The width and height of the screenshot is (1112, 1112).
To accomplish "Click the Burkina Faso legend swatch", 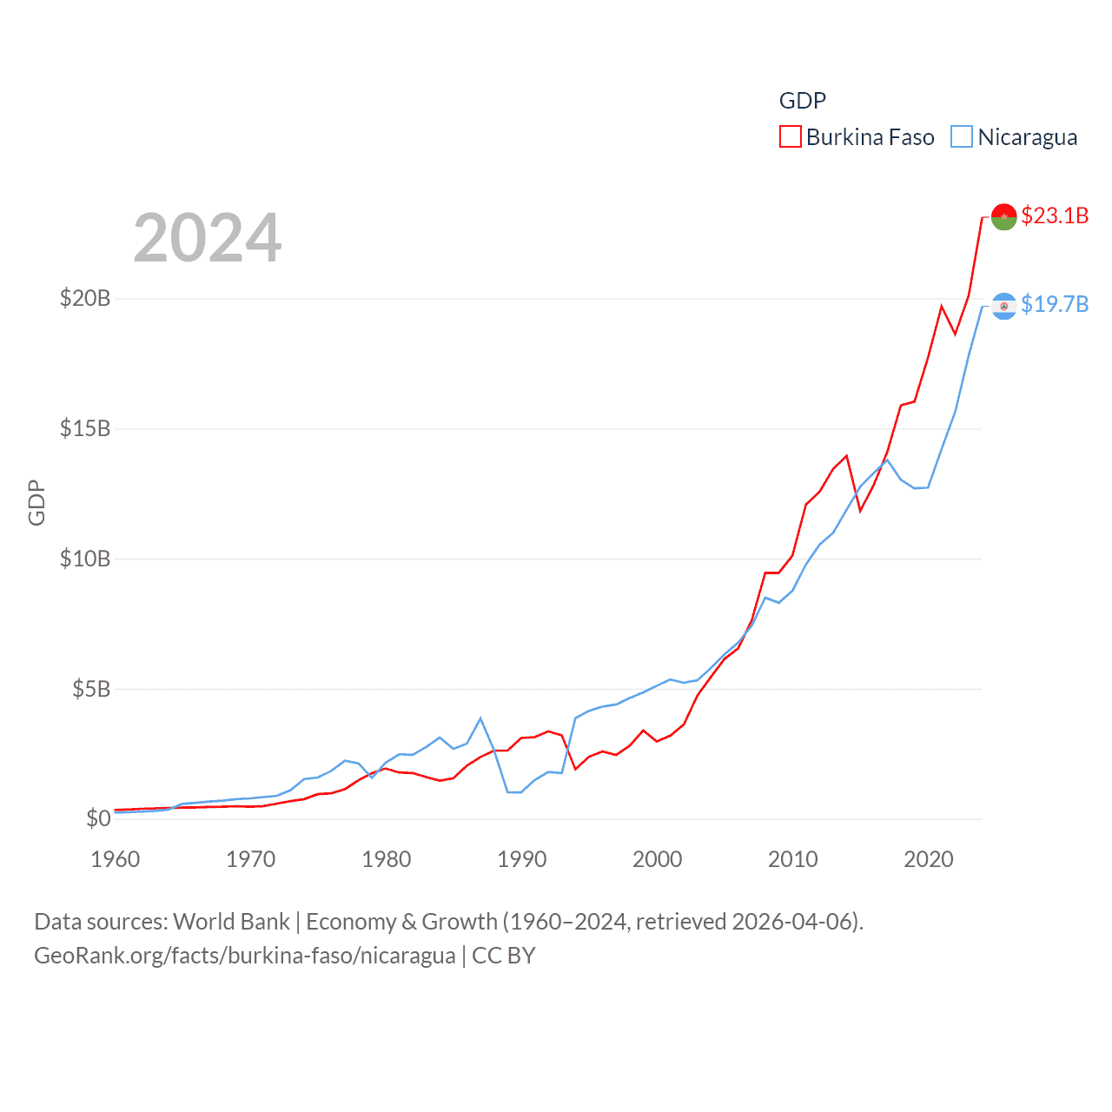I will (x=790, y=137).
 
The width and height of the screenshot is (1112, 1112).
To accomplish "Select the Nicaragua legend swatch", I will (x=961, y=137).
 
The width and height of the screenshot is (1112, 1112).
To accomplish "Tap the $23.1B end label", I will (x=1055, y=215).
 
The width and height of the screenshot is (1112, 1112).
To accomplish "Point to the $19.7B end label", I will (x=1055, y=304).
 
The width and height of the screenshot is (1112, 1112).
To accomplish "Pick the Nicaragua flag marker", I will (x=1003, y=306).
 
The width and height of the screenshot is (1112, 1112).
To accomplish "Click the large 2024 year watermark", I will (x=207, y=238).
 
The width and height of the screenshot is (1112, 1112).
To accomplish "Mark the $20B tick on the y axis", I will (x=85, y=299).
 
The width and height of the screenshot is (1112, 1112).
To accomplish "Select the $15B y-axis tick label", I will (x=85, y=428).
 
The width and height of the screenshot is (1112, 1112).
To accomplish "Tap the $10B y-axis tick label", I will (x=85, y=559).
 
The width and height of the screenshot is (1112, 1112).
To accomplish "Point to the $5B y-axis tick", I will (x=91, y=689).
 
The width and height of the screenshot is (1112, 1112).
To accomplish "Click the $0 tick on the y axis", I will (x=98, y=818).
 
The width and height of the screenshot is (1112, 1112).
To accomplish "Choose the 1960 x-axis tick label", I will (x=116, y=859).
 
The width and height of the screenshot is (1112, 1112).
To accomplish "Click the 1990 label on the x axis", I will (x=522, y=859).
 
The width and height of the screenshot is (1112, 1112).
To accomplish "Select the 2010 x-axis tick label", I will (x=793, y=859).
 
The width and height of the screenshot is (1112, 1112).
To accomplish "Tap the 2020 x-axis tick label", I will (x=929, y=859).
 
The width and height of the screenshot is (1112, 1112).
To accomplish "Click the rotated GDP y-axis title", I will (x=36, y=502).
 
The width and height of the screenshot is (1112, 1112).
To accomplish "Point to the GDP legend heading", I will (x=802, y=101).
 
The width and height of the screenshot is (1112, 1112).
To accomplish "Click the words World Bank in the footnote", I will (x=231, y=922).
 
